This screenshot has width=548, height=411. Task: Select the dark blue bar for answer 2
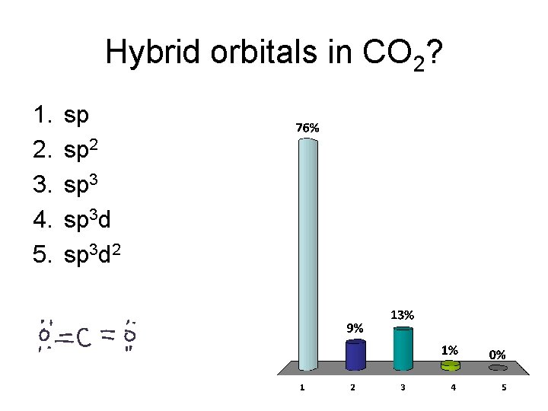point(355,355)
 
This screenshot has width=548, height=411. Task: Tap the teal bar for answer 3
point(403,349)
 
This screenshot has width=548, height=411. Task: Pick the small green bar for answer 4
point(451,366)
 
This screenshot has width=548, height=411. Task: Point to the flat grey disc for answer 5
point(498,368)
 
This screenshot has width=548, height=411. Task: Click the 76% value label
point(307,129)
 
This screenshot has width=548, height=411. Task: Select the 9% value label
point(355,328)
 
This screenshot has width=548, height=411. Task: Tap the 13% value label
point(402,314)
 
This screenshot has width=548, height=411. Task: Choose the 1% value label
point(451,349)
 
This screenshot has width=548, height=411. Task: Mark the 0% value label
point(498,354)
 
